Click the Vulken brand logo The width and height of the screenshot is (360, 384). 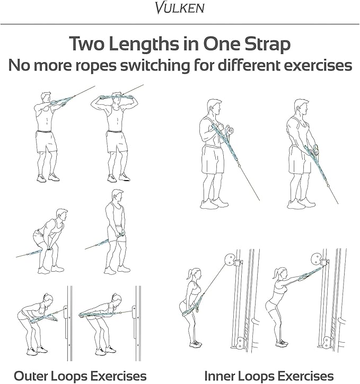[180, 7]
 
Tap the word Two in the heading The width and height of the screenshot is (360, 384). [87, 43]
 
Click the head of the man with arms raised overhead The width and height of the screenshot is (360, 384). [117, 99]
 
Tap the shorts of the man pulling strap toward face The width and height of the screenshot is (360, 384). [46, 142]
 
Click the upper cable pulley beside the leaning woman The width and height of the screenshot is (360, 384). [230, 260]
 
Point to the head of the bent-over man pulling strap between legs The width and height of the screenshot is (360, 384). [62, 215]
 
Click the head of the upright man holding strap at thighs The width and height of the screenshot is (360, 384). [118, 195]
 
